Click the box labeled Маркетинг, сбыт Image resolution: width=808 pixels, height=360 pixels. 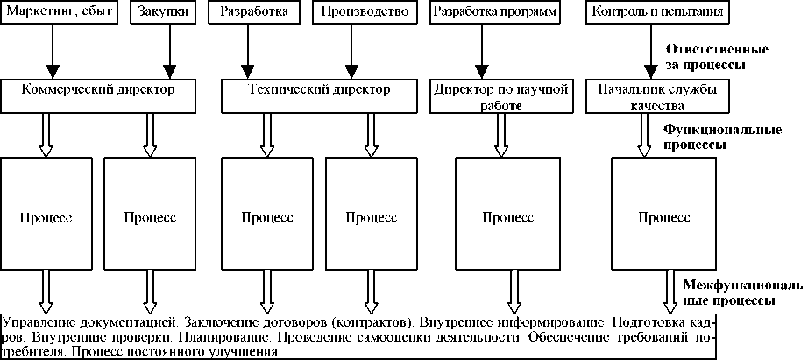click(x=59, y=14)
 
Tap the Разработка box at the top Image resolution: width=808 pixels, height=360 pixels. click(x=243, y=14)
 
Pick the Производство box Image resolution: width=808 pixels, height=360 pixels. click(x=353, y=14)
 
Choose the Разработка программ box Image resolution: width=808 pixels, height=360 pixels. click(x=494, y=14)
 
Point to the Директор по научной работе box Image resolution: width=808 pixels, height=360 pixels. click(x=500, y=96)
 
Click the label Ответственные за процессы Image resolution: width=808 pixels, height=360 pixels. click(x=718, y=57)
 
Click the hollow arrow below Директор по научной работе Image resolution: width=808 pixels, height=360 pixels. click(x=501, y=134)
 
